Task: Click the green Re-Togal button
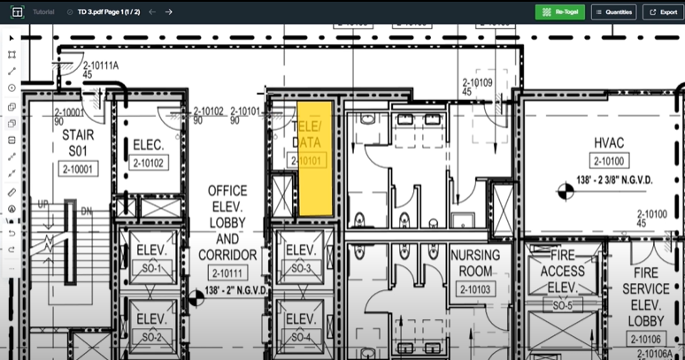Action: coord(559,12)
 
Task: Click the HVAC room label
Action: coord(609,142)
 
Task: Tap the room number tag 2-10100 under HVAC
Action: coord(609,161)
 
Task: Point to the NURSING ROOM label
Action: coord(475,263)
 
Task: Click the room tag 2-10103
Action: coord(476,289)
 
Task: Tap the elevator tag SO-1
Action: coord(150,267)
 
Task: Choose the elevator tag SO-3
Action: coord(301,267)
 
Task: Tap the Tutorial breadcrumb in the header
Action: coord(42,12)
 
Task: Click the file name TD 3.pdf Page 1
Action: coord(108,12)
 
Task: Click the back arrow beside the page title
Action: coord(152,12)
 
